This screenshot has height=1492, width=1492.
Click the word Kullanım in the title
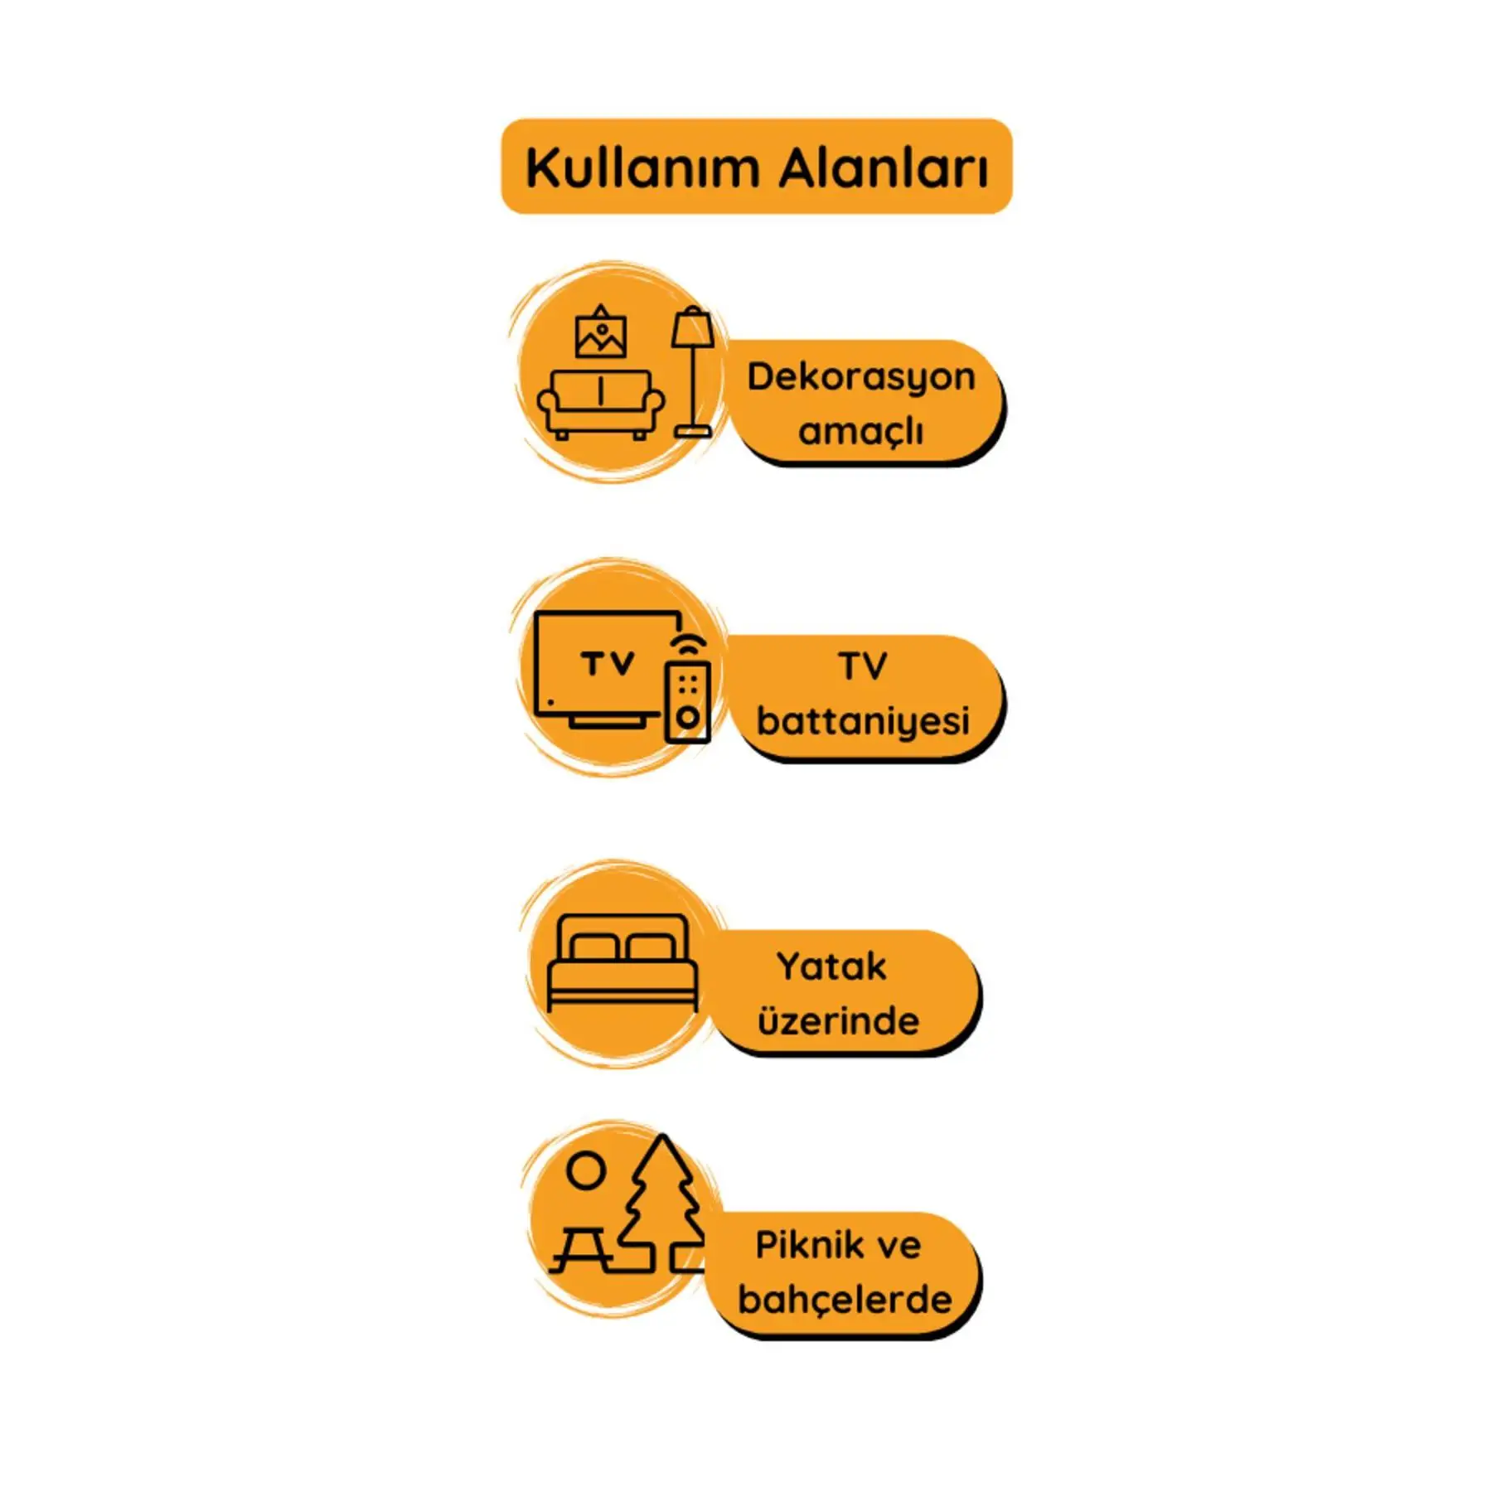click(643, 168)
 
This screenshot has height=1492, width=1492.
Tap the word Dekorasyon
click(861, 377)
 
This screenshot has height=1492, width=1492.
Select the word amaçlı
click(860, 431)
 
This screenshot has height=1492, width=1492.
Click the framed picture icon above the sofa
click(601, 334)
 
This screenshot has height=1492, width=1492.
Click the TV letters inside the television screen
click(608, 664)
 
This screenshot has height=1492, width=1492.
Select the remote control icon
click(688, 700)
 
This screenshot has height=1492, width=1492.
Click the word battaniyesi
click(863, 720)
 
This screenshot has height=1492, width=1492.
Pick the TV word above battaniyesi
click(863, 666)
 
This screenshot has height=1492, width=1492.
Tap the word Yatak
click(831, 966)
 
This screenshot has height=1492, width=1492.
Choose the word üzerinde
click(838, 1021)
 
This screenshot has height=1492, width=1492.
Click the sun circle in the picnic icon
click(586, 1171)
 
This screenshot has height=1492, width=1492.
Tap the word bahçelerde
click(845, 1300)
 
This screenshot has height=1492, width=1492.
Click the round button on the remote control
click(688, 717)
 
